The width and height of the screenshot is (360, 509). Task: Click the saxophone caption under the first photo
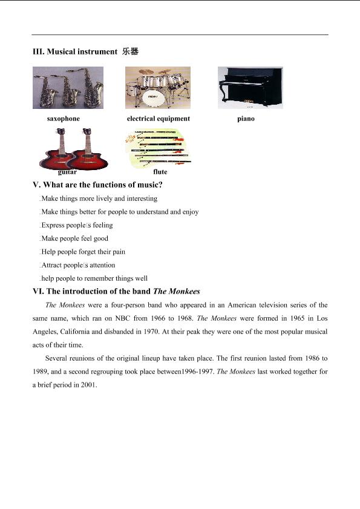[x=64, y=119]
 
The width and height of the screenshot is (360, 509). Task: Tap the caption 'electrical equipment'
[x=159, y=119]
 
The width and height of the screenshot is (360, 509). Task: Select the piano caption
[x=246, y=119]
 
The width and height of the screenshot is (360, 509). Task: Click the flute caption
[x=160, y=172]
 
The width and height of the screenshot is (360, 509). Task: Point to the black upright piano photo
[x=250, y=88]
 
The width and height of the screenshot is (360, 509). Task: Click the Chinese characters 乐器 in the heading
[x=131, y=51]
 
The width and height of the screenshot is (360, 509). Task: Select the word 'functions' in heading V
[x=108, y=185]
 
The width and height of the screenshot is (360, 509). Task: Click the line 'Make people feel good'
[x=74, y=238]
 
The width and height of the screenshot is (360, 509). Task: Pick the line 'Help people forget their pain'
[x=83, y=252]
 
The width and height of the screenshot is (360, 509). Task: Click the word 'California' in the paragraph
[x=74, y=332]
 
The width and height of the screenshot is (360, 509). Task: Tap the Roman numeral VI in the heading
[x=38, y=292]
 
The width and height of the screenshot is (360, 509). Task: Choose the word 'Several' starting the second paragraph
[x=56, y=358]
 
